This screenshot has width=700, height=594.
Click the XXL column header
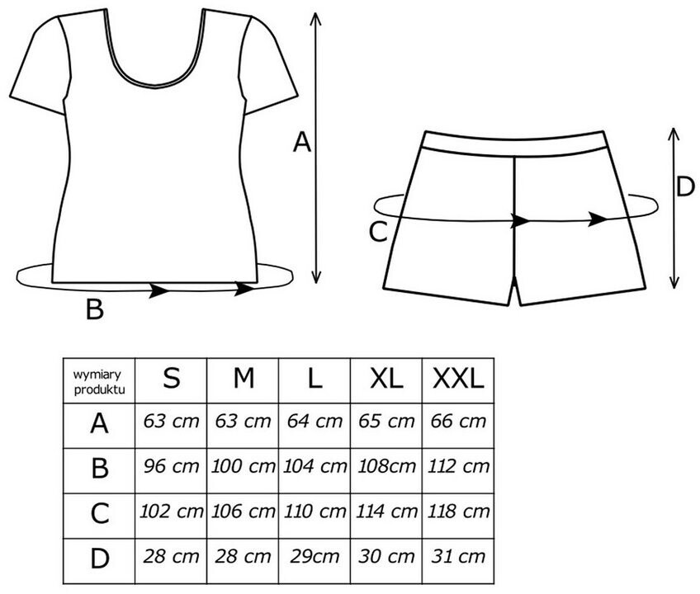pos(458,380)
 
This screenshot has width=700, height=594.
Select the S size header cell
pos(171,380)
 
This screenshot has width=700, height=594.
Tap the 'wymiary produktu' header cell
pos(99,380)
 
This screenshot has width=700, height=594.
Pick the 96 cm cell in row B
pos(171,466)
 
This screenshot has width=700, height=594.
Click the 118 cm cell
pos(458,511)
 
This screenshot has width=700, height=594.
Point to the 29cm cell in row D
pos(315,557)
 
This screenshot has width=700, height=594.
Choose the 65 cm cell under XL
pos(386,422)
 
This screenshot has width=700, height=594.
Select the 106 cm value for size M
pos(243,511)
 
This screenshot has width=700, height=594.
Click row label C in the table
pos(99,513)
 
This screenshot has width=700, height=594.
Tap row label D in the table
pos(99,558)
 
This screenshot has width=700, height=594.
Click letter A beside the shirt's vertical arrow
pos(301,143)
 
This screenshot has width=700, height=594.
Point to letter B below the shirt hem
pos(95,309)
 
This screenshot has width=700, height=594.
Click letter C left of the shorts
pos(378,232)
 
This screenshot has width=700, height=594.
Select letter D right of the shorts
pos(685,186)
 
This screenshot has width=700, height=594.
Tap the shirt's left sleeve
pos(40,64)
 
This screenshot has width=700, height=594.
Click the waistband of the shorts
pos(514,144)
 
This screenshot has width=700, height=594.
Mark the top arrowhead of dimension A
pos(315,19)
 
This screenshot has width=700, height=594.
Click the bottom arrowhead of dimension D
pos(674,282)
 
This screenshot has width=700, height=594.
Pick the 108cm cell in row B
pos(386,466)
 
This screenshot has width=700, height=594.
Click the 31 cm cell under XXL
pos(458,557)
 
